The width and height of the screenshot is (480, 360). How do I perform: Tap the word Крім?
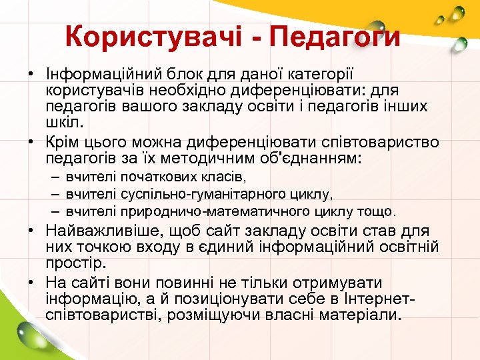point(63,142)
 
